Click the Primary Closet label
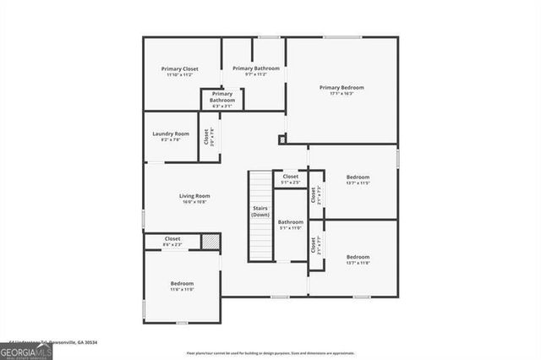coord(178,68)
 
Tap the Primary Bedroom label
coord(342,87)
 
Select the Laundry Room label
coord(171,134)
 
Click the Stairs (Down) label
coord(260,211)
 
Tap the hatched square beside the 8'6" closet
coord(210,242)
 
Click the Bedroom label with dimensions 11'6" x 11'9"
coord(183,283)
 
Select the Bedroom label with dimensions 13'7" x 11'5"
coord(358,177)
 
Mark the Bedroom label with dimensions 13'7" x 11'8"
coord(358,256)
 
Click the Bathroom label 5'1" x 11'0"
coord(290,224)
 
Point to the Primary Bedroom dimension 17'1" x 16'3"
coord(342,93)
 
